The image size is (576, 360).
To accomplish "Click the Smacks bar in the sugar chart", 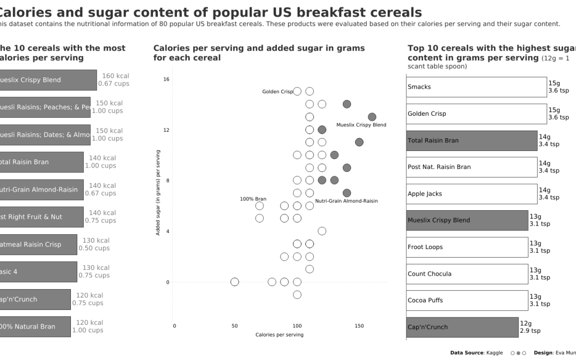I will pos(476,87).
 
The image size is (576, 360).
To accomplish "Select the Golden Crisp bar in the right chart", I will pos(476,114).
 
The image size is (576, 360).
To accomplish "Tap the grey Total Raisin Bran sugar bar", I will pos(471,140).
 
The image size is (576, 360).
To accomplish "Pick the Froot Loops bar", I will pos(467,247).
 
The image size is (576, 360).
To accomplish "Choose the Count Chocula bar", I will pos(467,274).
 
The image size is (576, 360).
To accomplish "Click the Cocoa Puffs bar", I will pos(467,300).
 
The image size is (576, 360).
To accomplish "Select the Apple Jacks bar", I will pos(471,194).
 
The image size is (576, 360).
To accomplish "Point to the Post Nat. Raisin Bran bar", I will pos(471,167).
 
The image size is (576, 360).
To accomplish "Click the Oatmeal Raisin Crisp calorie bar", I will pos(37,244).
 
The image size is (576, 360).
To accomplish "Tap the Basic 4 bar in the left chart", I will pos(37,271).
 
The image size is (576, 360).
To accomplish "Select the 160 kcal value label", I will pos(115,76).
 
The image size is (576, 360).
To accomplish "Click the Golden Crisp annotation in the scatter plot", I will pos(277,92).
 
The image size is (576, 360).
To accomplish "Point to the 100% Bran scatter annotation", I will pos(253,199).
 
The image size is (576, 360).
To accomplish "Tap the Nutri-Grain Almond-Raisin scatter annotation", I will pos(346,201).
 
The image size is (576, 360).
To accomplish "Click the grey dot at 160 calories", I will pos(372,117).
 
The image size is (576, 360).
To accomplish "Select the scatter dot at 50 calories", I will pos(235,282).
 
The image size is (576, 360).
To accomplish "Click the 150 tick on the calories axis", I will pos(359,326).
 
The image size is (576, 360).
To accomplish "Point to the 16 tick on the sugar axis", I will pos(166,79).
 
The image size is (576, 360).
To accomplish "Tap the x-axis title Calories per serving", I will pos(279,335).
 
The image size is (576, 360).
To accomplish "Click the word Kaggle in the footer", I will pos(494,353).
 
